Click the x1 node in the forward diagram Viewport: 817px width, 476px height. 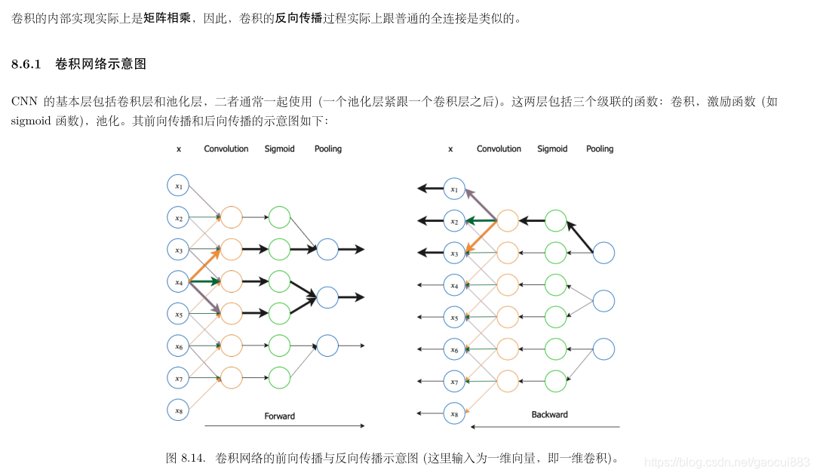coord(178,186)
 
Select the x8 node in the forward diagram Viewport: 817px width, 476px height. coord(178,410)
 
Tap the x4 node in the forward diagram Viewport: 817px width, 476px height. coord(178,282)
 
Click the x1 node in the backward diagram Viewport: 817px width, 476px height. coord(453,189)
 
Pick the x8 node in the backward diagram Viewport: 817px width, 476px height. coord(453,413)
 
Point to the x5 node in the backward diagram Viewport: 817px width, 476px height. coord(453,318)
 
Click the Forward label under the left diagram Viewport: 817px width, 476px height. coord(279,416)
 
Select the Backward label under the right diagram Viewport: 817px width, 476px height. coord(549,414)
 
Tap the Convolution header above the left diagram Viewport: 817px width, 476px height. coord(226,149)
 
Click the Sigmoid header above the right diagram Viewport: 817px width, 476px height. coord(552,149)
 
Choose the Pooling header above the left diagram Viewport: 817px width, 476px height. coord(328,149)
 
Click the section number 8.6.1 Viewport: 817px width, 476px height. coord(30,64)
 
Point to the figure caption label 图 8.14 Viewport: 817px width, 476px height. coord(186,458)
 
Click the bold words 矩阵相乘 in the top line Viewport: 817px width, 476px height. coord(167,17)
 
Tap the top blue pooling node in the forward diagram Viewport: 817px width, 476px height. coord(327,249)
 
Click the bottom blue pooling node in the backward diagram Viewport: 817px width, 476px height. coord(604,349)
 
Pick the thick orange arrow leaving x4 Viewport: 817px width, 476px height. coord(204,265)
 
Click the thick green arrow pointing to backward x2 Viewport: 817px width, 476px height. coord(481,221)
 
